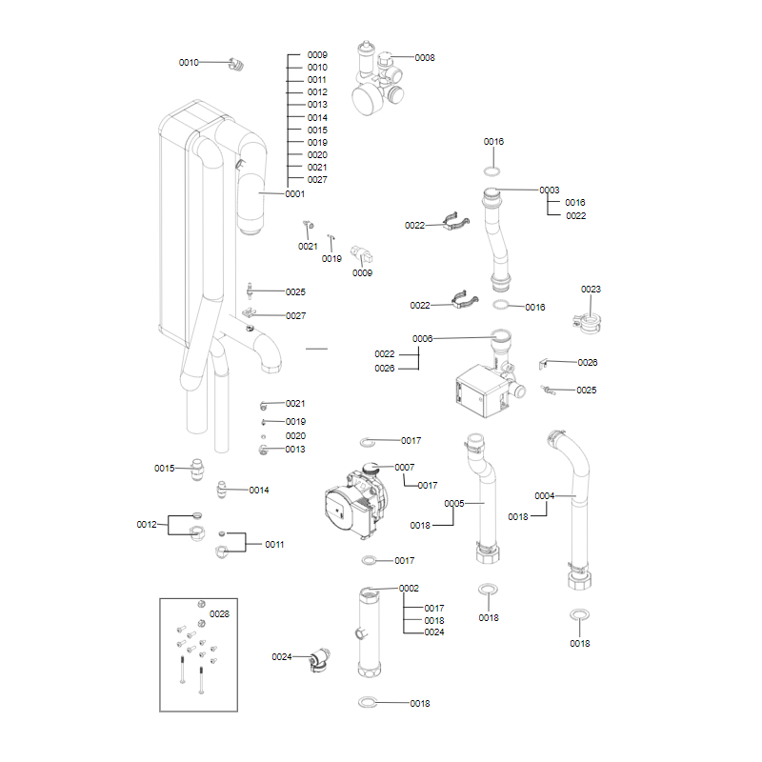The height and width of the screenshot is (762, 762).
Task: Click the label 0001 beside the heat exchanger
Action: click(x=294, y=194)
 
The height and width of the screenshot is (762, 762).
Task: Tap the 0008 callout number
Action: click(x=424, y=58)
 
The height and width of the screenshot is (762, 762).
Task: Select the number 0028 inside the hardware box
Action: click(x=219, y=614)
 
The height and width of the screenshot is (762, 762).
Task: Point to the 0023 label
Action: click(x=591, y=290)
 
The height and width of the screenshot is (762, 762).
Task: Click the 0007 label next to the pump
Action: click(x=404, y=468)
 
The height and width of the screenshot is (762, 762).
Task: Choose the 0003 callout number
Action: click(x=550, y=190)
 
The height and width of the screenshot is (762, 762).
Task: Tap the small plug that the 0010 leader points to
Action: click(x=236, y=64)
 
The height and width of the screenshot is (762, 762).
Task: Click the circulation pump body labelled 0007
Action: click(x=355, y=502)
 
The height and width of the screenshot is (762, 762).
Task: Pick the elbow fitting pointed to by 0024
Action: click(x=320, y=659)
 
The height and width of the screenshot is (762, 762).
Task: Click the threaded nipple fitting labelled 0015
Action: click(x=196, y=469)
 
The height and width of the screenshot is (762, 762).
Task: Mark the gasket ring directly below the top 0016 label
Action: click(x=492, y=171)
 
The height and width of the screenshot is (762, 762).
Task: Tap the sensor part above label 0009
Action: click(x=362, y=254)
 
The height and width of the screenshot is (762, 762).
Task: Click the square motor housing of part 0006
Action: click(x=481, y=391)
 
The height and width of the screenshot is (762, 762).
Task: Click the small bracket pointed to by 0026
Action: click(x=543, y=364)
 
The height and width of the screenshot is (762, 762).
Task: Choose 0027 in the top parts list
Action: click(x=317, y=180)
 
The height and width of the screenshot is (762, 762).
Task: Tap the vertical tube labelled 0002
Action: click(x=370, y=632)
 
